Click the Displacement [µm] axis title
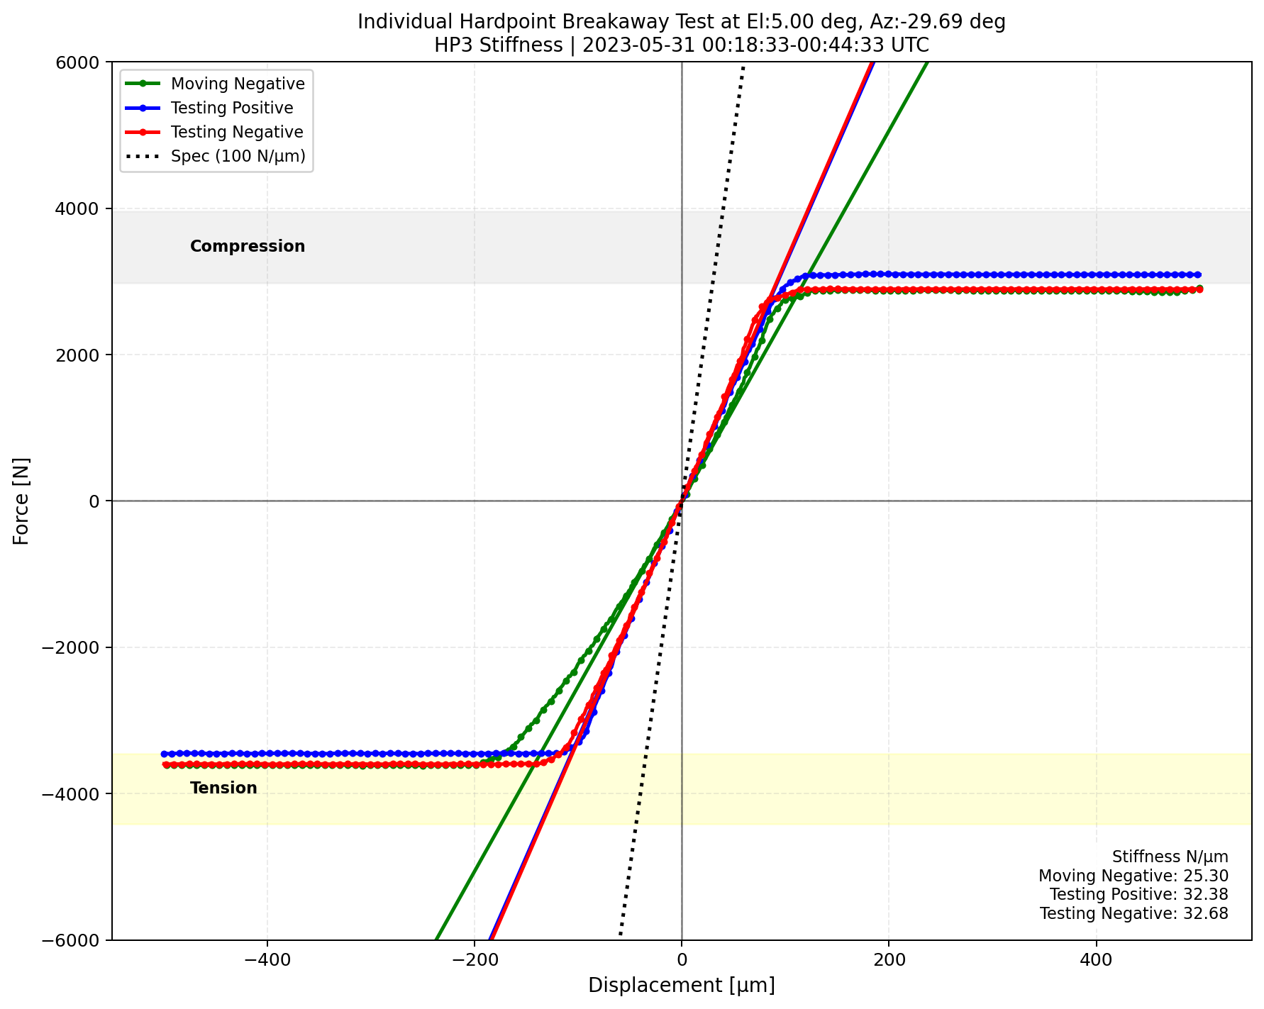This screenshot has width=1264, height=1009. pos(681,986)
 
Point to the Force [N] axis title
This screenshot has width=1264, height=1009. pos(22,501)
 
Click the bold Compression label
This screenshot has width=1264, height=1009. pos(248,246)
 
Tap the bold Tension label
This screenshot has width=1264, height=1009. pos(223,788)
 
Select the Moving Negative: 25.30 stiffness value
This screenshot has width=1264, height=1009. pos(1133,876)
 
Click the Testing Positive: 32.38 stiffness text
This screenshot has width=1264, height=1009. pos(1138,895)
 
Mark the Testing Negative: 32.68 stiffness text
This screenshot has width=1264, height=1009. pos(1133,913)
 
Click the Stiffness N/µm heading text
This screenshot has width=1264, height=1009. pos(1170,857)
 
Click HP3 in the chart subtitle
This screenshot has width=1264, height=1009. pos(451,45)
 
